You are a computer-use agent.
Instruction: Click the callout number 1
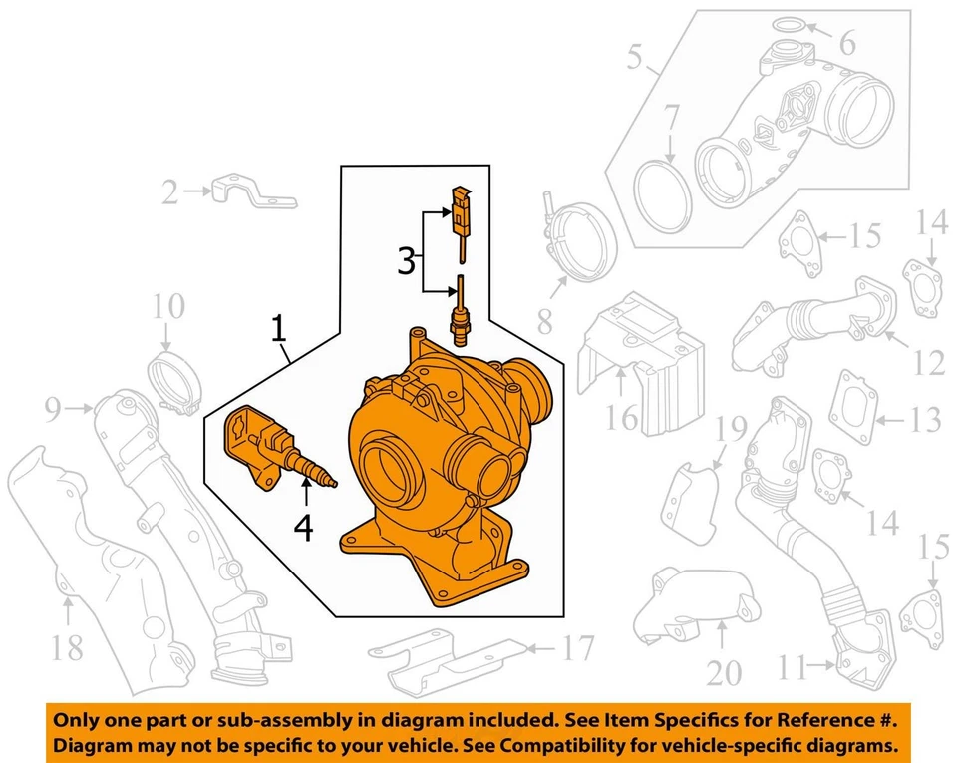[x=280, y=328]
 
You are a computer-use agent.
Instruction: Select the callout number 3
[x=406, y=261]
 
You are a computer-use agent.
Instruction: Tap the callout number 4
[x=303, y=527]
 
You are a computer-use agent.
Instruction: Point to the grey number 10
[x=168, y=307]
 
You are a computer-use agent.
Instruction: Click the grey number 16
[x=623, y=416]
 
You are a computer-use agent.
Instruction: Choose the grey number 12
[x=928, y=363]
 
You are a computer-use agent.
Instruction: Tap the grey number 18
[x=67, y=649]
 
